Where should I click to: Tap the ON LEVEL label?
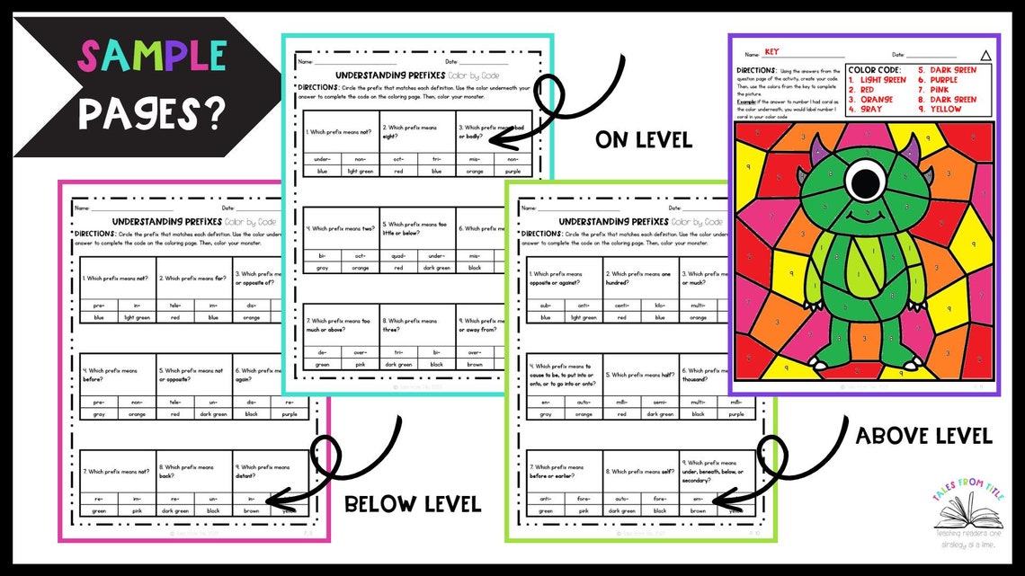[643, 140]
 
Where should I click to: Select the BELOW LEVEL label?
[413, 504]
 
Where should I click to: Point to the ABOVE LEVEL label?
[923, 437]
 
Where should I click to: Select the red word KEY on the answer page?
[771, 52]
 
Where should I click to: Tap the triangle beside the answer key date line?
[985, 55]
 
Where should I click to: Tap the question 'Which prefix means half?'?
[639, 375]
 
